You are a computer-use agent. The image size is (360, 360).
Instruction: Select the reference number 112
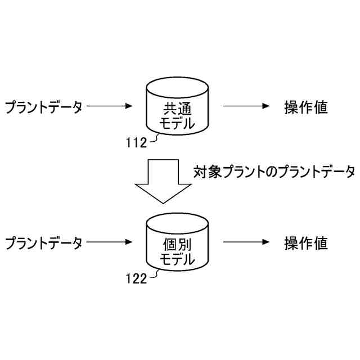click(x=136, y=142)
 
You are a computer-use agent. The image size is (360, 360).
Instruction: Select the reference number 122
click(x=136, y=277)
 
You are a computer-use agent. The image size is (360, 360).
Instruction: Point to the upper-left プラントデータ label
click(x=44, y=106)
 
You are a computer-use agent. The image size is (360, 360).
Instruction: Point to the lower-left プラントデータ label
click(x=44, y=243)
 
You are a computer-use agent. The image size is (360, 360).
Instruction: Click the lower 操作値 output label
click(x=306, y=243)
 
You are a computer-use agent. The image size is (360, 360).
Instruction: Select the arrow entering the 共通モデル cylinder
click(x=110, y=106)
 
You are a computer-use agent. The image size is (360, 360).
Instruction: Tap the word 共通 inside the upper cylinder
click(x=177, y=108)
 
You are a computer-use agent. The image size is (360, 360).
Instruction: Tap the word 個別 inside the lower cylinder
click(x=177, y=246)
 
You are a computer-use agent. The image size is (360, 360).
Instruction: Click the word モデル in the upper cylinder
click(x=177, y=123)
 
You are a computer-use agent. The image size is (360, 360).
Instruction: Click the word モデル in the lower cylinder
click(x=177, y=260)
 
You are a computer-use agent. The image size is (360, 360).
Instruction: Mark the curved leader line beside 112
click(x=152, y=140)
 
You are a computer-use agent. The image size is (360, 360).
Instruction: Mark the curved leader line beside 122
click(x=152, y=275)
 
